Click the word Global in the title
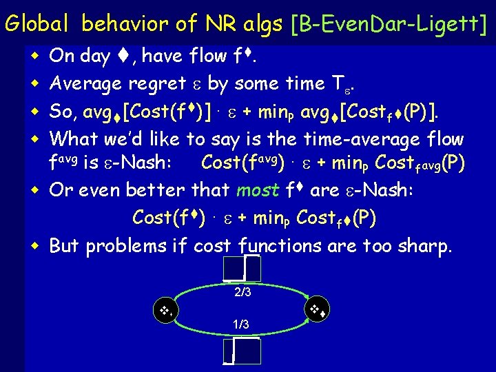pyautogui.click(x=38, y=24)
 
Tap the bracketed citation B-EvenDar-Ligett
pyautogui.click(x=389, y=24)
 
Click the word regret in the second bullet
pyautogui.click(x=157, y=83)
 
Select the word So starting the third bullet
pyautogui.click(x=63, y=111)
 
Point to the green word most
pyautogui.click(x=258, y=189)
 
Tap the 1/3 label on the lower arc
pyautogui.click(x=240, y=324)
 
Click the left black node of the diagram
pyautogui.click(x=165, y=311)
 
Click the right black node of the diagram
pyautogui.click(x=318, y=309)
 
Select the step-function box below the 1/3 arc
pyautogui.click(x=242, y=351)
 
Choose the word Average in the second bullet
pyautogui.click(x=87, y=83)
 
